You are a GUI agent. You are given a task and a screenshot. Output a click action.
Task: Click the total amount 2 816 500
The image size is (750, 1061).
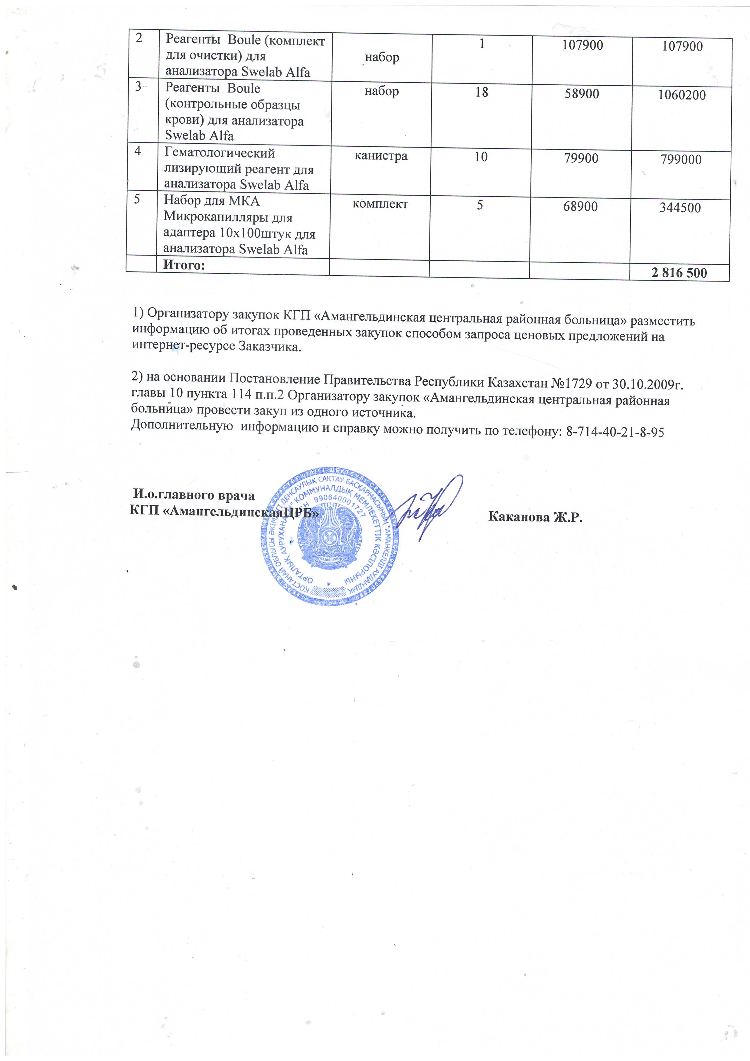click(x=679, y=273)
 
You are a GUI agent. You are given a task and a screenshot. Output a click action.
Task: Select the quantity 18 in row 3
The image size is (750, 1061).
click(x=481, y=93)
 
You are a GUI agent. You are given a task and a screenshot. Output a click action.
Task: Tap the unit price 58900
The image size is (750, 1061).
click(x=582, y=94)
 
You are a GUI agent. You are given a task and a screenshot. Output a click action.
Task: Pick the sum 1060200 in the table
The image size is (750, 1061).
click(x=682, y=95)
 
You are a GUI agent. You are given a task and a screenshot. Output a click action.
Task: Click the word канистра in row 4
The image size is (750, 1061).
click(x=381, y=156)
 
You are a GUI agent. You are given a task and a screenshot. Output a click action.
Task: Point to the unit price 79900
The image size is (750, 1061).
click(x=581, y=158)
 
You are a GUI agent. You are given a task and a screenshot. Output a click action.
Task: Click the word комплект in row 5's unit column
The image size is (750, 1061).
click(x=380, y=204)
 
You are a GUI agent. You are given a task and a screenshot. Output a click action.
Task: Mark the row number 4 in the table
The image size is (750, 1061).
click(x=138, y=151)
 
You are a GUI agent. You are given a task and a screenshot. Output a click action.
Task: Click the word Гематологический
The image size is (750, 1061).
click(x=220, y=153)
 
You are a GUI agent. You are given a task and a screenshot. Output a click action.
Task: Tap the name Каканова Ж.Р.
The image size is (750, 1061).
click(x=535, y=517)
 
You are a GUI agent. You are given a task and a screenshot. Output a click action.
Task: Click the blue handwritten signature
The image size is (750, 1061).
click(x=427, y=508)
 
